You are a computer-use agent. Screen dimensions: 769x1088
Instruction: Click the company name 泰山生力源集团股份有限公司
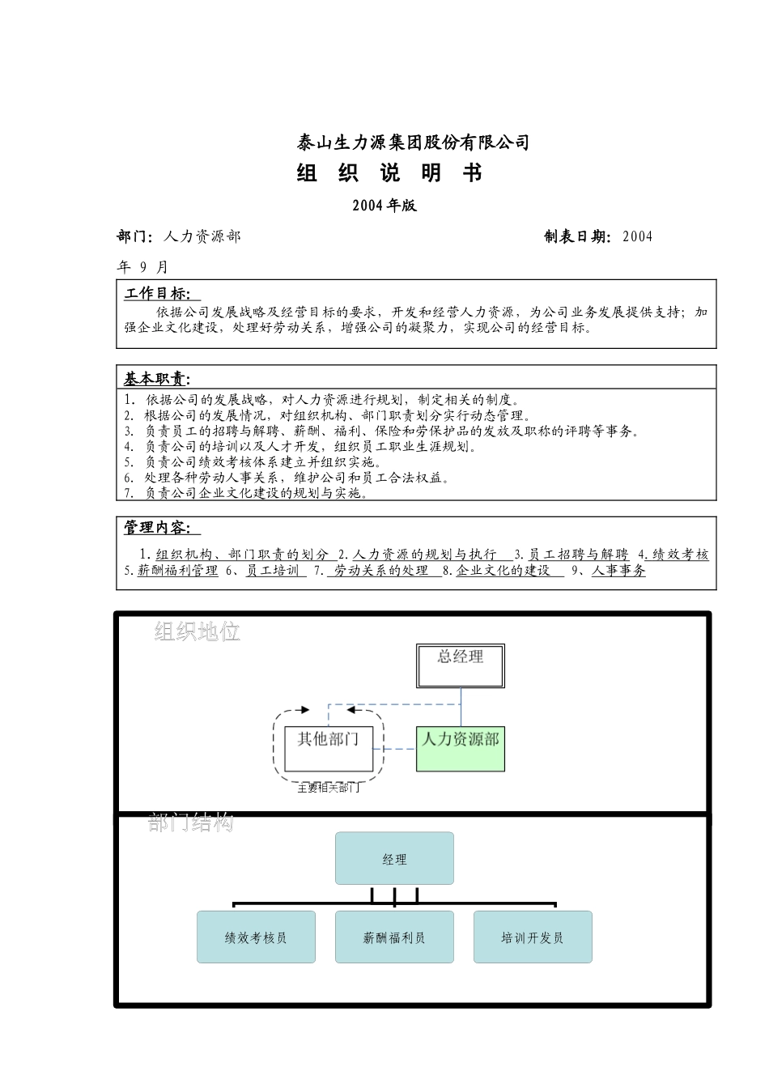[413, 143]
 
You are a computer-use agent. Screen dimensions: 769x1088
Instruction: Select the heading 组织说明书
[389, 173]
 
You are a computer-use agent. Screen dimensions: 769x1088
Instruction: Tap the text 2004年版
[384, 206]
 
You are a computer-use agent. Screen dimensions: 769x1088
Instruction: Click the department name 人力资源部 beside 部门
[202, 236]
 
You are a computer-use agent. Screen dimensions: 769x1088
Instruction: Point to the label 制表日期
[577, 236]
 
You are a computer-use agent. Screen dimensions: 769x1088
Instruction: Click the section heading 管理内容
[158, 528]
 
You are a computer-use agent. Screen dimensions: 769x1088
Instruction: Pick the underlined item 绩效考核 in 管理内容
[681, 555]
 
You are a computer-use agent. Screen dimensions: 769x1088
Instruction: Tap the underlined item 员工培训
[273, 571]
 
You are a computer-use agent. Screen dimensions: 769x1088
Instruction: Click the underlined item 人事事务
[618, 571]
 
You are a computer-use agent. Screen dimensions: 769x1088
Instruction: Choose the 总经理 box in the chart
[461, 665]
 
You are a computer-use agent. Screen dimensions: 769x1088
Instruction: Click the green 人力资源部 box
[461, 748]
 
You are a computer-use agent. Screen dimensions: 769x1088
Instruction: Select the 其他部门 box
[328, 748]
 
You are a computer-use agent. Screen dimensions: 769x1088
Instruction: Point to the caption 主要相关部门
[329, 788]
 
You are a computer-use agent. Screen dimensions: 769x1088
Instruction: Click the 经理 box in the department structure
[394, 859]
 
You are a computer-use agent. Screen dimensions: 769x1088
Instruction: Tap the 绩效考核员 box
[256, 937]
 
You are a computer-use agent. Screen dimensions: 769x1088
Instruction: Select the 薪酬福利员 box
[394, 937]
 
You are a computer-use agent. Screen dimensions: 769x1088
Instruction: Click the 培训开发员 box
[533, 937]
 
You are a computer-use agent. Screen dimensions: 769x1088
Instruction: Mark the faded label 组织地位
[198, 631]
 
